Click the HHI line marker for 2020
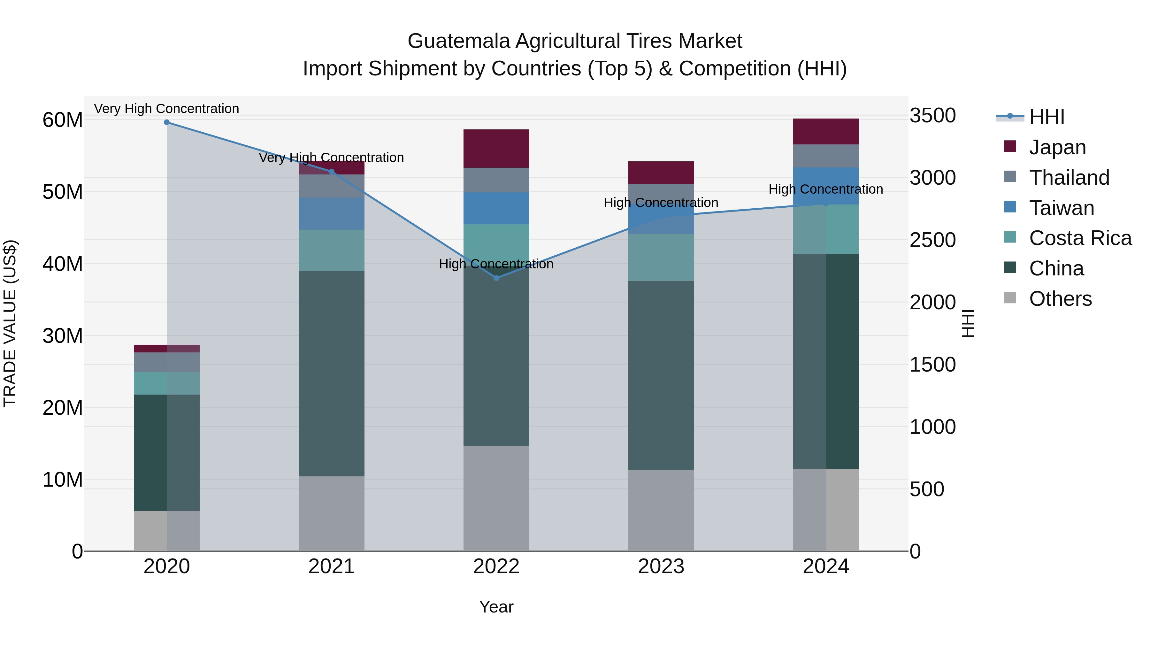click(166, 122)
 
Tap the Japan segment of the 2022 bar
click(496, 149)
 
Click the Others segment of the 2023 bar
click(661, 510)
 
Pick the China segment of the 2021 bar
click(331, 373)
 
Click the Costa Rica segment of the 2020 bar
click(166, 383)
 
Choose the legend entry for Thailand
click(1069, 178)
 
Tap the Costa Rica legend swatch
click(1010, 237)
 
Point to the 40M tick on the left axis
click(63, 264)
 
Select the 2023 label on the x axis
click(661, 566)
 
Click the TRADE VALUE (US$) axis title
click(10, 323)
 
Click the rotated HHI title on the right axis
click(967, 323)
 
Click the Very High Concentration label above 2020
click(166, 109)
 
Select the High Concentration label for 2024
click(825, 189)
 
